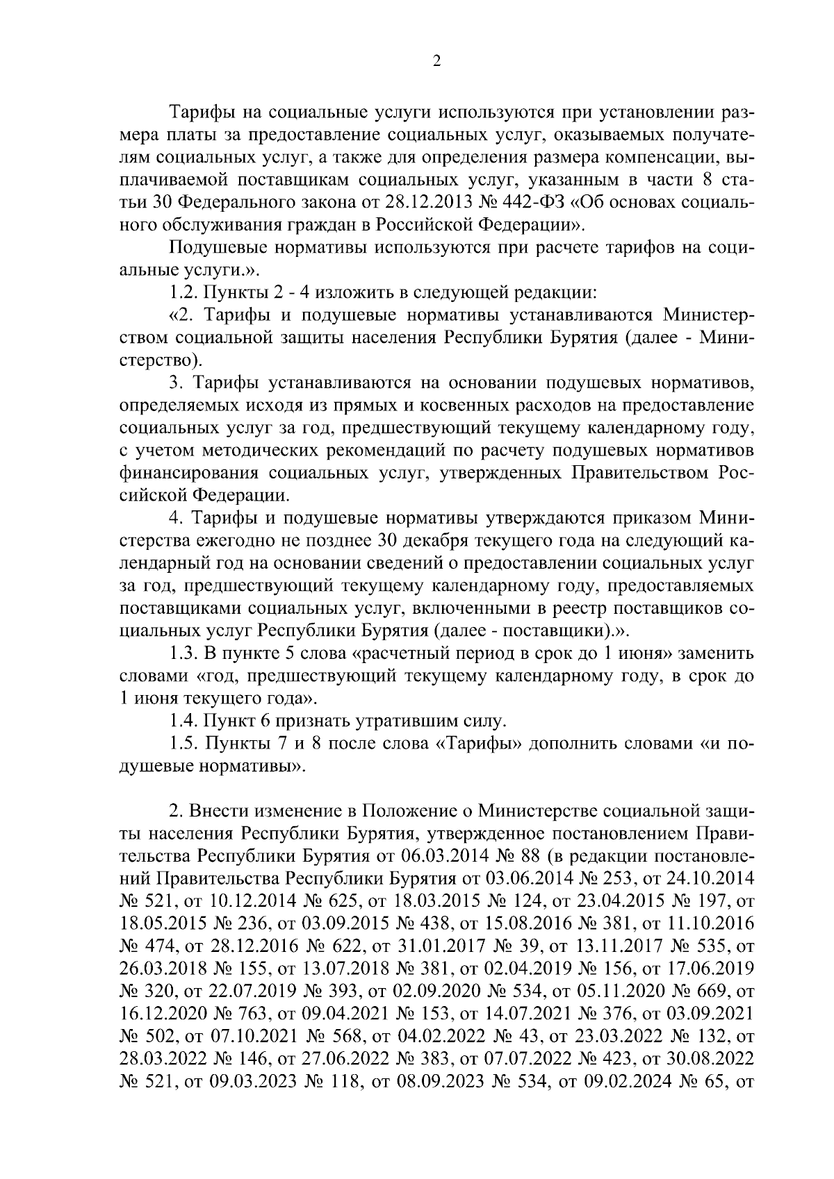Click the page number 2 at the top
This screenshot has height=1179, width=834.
(x=436, y=62)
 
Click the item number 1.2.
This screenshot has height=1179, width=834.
(x=184, y=293)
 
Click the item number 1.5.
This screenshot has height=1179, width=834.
(x=184, y=744)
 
